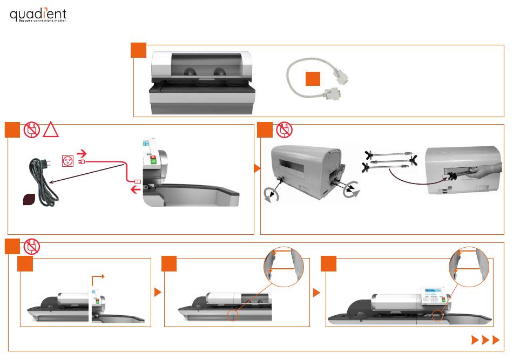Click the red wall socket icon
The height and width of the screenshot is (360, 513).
pos(68,161)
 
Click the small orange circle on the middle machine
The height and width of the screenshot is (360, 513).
pos(233,316)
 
